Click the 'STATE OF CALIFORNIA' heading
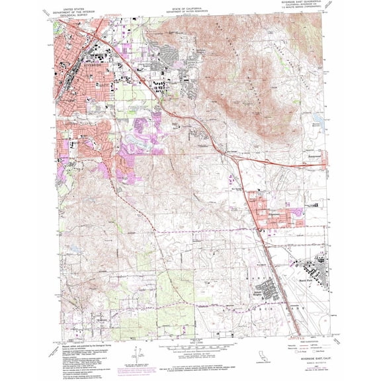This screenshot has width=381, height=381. (190, 5)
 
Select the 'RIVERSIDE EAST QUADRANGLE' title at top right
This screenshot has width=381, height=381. (305, 5)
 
